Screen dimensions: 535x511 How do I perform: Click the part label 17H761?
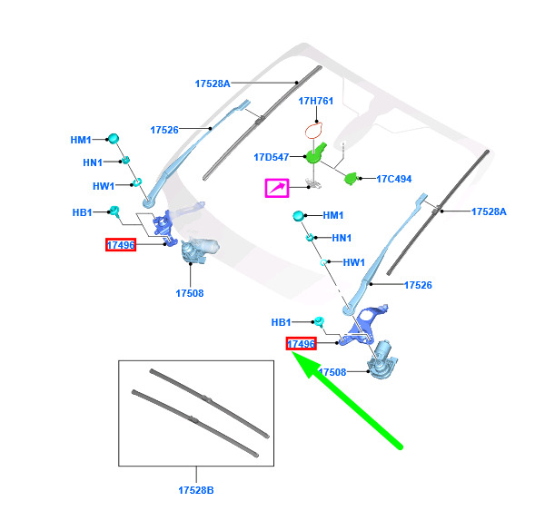[x=315, y=101]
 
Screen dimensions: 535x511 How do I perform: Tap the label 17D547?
[x=272, y=157]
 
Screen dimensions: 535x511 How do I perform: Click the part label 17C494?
[x=394, y=179]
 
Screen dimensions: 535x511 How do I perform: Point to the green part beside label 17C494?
[x=351, y=178]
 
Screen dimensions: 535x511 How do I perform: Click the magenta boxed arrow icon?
[x=277, y=188]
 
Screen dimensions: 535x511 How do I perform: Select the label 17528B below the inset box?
[x=196, y=490]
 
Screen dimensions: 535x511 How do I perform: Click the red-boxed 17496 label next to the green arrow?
[x=301, y=344]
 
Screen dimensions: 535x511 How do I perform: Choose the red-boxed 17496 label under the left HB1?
[x=121, y=245]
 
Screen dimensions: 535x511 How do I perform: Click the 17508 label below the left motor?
[x=190, y=293]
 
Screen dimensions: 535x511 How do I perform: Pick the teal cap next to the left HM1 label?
[x=113, y=138]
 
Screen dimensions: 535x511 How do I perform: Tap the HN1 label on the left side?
[x=93, y=162]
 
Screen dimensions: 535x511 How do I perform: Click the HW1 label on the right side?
[x=354, y=262]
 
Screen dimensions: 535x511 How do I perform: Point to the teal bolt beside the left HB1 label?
[x=114, y=211]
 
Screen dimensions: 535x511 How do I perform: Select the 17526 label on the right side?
[x=418, y=285]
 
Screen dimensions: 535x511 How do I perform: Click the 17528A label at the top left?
[x=213, y=84]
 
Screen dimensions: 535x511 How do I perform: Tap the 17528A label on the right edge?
[x=489, y=211]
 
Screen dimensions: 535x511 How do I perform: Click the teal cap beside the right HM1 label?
[x=298, y=216]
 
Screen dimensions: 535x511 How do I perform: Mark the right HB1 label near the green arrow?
[x=282, y=322]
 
